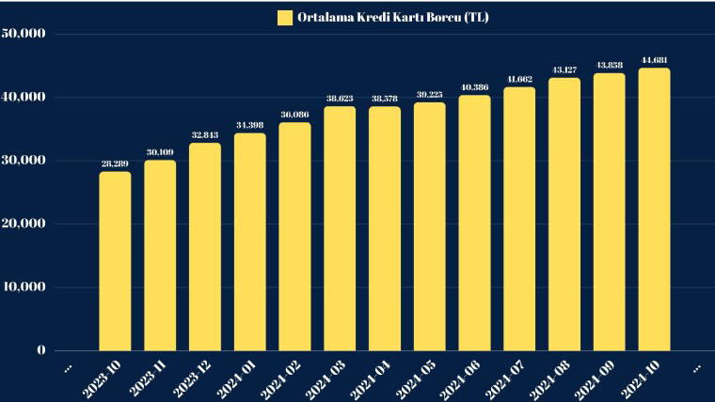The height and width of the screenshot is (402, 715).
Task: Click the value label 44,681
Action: (654, 60)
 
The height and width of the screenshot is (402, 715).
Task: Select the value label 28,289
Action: (115, 163)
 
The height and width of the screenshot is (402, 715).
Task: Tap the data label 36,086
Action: (294, 115)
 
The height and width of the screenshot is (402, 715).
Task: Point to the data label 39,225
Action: (429, 94)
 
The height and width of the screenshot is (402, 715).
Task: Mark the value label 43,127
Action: (564, 70)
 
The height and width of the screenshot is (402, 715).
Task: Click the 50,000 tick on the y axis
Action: (25, 34)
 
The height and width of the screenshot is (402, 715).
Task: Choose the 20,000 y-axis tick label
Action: (25, 224)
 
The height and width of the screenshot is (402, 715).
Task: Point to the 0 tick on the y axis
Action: (40, 350)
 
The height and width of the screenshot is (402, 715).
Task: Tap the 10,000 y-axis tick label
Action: (25, 287)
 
